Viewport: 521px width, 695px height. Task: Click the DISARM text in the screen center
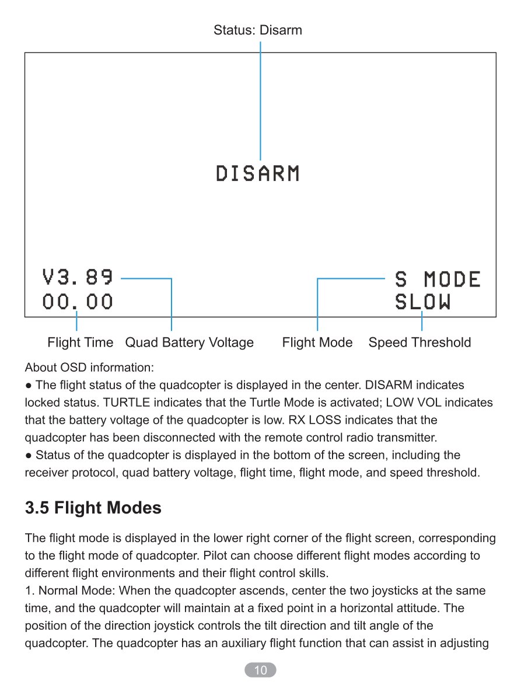click(x=257, y=173)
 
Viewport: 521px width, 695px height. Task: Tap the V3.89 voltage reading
click(x=78, y=277)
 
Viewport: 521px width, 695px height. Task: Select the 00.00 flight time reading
click(x=78, y=302)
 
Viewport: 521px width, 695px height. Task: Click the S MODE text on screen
click(x=438, y=280)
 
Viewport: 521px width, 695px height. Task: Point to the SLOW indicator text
click(x=422, y=302)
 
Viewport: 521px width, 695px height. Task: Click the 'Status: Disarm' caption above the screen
click(x=258, y=30)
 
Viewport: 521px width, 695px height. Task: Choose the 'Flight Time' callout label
click(x=80, y=343)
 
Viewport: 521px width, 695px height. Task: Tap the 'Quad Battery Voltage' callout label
click(x=190, y=343)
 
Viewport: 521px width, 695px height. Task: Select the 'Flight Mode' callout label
click(x=317, y=343)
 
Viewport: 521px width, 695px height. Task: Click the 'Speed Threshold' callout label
click(x=419, y=343)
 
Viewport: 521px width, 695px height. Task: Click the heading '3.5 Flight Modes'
click(x=93, y=508)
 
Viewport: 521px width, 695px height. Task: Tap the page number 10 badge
click(x=260, y=670)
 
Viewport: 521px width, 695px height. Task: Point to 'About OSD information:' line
click(x=89, y=368)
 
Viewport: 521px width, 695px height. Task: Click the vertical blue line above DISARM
click(x=260, y=100)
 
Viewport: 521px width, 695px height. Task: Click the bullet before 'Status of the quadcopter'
click(x=29, y=456)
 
